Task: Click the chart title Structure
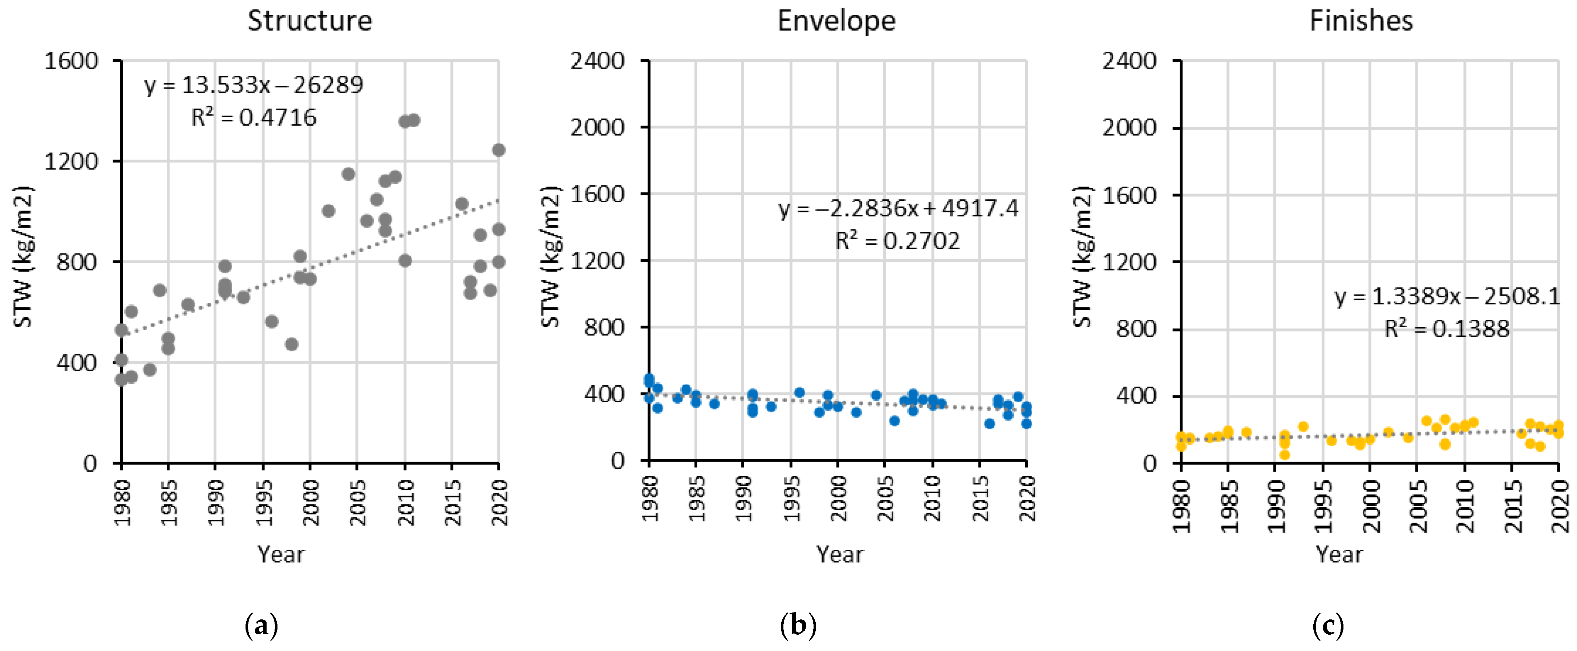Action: pos(310,21)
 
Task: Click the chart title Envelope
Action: pos(836,21)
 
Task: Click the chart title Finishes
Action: pos(1362,21)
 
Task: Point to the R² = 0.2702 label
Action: pos(898,241)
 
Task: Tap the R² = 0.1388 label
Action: pos(1447,329)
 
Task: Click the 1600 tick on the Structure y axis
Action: pos(71,61)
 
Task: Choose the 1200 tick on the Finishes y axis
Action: pos(1130,262)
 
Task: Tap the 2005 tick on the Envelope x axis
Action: pos(885,499)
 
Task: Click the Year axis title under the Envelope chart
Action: pos(840,554)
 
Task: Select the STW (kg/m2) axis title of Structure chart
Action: pos(23,257)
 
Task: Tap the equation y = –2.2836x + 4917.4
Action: pos(898,209)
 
